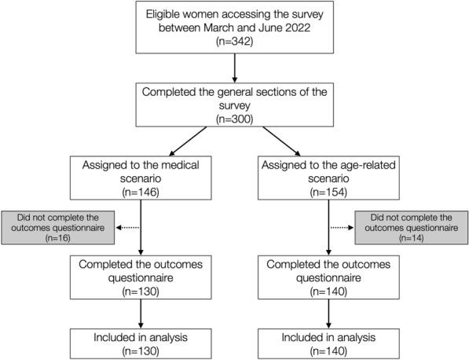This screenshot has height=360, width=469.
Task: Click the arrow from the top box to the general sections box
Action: pyautogui.click(x=234, y=69)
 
